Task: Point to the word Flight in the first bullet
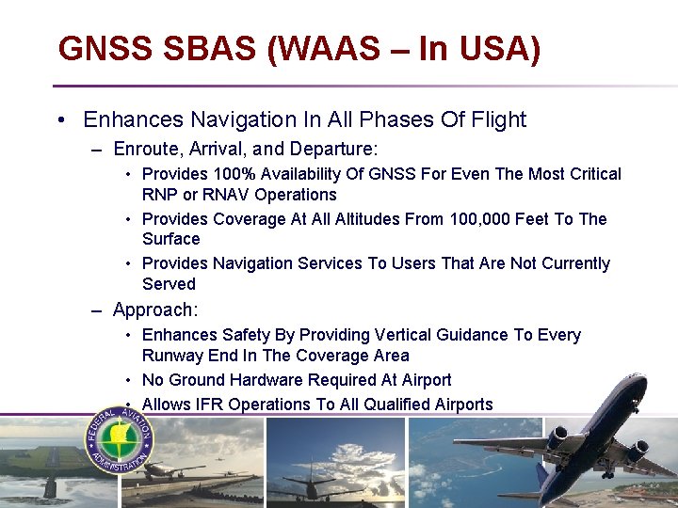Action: pos(496,119)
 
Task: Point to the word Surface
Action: pos(171,239)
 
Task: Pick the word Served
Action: pos(169,284)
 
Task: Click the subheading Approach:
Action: pos(155,310)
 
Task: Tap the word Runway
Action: pos(171,356)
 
